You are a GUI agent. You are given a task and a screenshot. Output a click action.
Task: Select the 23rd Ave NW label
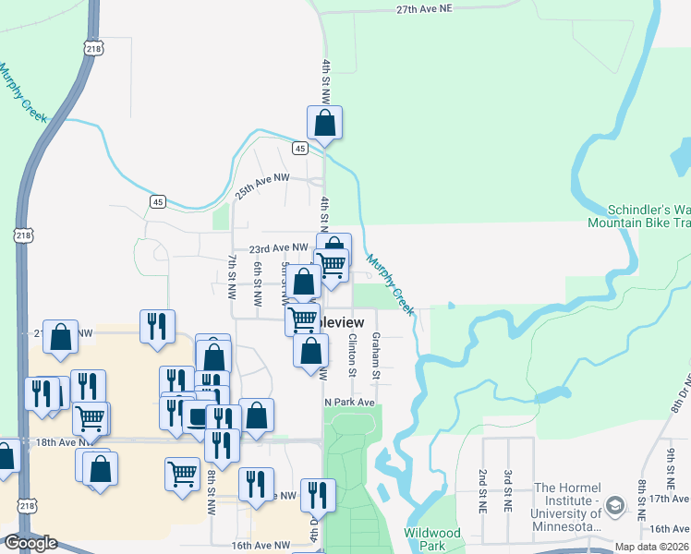(278, 247)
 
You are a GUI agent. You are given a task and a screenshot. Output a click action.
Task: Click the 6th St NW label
(258, 284)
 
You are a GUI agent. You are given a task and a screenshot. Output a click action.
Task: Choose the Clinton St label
(352, 355)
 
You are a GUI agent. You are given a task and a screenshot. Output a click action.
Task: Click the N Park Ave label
(350, 403)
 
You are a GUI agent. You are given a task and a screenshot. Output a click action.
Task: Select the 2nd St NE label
(483, 490)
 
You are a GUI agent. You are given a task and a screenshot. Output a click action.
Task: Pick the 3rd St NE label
(508, 490)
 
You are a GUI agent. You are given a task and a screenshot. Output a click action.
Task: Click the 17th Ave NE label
(670, 499)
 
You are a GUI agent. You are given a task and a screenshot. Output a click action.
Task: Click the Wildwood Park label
(431, 539)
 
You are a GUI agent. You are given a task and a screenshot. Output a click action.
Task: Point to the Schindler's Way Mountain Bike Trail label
(639, 216)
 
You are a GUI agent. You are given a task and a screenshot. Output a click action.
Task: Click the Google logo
(30, 543)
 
